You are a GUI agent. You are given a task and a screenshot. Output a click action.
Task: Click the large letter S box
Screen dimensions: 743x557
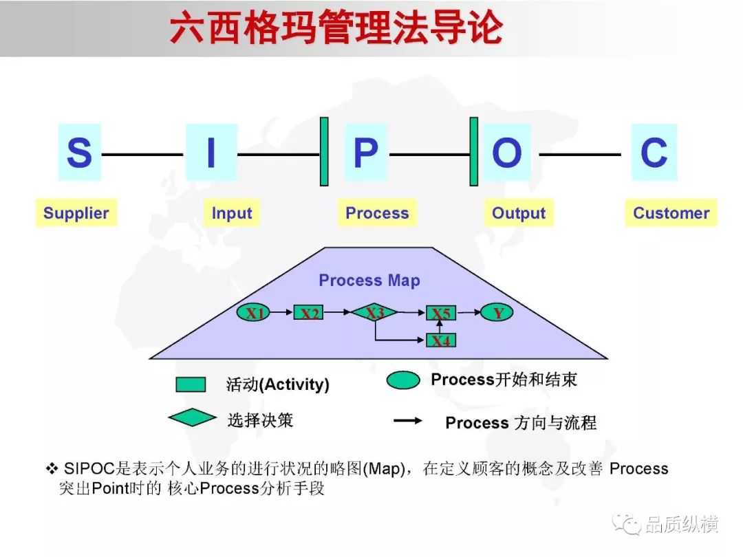coord(79,152)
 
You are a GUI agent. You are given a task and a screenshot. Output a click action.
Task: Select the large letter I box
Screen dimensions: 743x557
coord(211,152)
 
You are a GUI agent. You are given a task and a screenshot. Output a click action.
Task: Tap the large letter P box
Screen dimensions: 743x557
coord(366,152)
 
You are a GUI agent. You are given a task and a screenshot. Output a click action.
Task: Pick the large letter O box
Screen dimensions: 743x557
coord(507,152)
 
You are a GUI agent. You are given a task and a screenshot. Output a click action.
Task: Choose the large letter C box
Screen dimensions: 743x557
coord(654,152)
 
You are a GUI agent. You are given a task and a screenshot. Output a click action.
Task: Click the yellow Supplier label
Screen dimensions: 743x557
coord(76,212)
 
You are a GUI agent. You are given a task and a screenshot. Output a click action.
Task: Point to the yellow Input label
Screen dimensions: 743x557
coord(232,212)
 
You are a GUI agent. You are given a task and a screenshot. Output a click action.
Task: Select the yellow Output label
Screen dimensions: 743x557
coord(519,212)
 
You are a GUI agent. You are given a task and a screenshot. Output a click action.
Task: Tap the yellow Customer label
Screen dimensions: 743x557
coord(671,212)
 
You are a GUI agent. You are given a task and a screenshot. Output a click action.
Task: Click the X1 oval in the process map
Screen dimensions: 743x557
coord(253,313)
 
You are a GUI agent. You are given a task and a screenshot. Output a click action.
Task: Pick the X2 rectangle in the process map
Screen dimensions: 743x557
coord(308,313)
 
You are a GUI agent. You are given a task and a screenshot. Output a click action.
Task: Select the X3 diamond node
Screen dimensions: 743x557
coord(374,312)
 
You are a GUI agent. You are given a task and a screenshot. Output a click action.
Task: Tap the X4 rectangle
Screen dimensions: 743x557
coord(441,340)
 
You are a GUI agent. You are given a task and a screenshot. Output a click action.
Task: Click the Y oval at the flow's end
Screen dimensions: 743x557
coord(497,313)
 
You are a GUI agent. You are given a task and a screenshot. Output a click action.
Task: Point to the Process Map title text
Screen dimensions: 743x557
coord(369,280)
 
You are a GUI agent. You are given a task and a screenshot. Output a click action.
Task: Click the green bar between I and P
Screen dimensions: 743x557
coord(324,151)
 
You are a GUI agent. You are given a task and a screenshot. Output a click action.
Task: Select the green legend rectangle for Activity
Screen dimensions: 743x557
coord(191,384)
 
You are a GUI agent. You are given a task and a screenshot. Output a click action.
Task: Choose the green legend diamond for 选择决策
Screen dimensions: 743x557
coord(192,417)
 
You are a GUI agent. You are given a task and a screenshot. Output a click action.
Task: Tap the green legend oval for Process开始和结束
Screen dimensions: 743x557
coord(403,380)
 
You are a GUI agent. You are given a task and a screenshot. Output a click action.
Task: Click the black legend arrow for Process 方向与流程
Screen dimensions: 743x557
coord(408,420)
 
